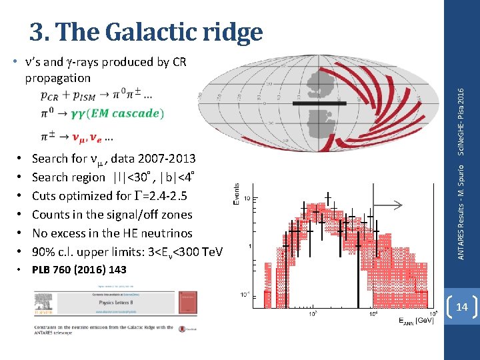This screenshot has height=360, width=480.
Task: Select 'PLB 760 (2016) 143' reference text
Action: click(x=79, y=269)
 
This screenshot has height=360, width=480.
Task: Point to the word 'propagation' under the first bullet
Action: click(x=57, y=78)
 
